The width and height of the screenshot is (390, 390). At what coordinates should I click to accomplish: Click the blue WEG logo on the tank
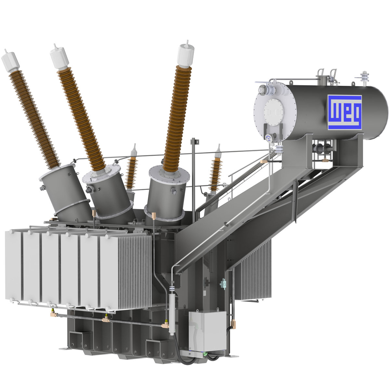coord(344,112)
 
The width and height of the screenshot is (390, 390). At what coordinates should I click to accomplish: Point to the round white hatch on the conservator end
coord(274,112)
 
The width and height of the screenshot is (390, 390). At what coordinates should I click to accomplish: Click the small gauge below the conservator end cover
coord(268,138)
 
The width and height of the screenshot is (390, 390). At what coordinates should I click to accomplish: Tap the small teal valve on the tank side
coord(223,284)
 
